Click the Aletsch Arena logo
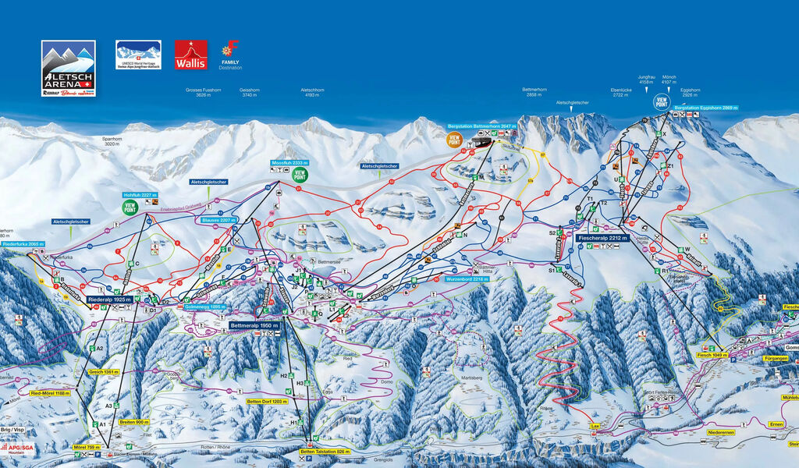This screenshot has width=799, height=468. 69,69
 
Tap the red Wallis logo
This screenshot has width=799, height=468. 190,55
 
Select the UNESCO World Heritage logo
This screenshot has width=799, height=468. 138,55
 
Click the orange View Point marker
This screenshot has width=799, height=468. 454,140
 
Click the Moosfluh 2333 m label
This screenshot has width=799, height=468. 289,163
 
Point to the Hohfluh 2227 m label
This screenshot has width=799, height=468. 140,194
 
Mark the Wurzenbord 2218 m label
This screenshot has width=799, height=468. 467,278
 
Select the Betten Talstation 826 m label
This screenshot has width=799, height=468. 325,452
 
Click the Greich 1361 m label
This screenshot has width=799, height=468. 103,372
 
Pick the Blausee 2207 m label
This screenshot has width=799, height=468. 217,220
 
